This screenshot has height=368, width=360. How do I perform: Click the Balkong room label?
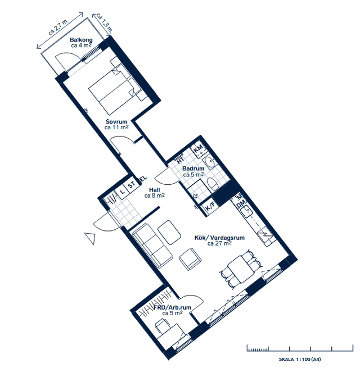(x=81, y=40)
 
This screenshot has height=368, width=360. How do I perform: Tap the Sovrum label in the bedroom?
(x=116, y=121)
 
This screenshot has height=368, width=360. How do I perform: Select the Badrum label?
(x=193, y=169)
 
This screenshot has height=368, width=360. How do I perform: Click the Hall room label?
(x=154, y=190)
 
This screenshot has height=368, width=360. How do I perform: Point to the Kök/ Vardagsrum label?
(x=219, y=238)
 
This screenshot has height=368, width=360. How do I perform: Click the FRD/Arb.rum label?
(x=173, y=307)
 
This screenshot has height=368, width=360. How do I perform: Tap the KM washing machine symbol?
(x=199, y=149)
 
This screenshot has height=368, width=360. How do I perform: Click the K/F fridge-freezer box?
(x=210, y=207)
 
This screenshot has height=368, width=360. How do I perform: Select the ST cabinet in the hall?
(x=132, y=185)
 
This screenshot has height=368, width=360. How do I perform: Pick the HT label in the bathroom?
(x=180, y=160)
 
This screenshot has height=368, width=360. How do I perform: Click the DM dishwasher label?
(x=241, y=204)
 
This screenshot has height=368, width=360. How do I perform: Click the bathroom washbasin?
(x=209, y=162)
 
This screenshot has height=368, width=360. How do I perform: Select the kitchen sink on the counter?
(x=246, y=211)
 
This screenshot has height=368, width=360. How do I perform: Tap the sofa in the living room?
(x=152, y=246)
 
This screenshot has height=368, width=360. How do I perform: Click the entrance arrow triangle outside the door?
(x=91, y=238)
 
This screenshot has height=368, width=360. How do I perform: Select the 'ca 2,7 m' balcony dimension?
(x=58, y=28)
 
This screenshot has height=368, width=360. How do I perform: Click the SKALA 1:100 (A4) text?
(x=300, y=359)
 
